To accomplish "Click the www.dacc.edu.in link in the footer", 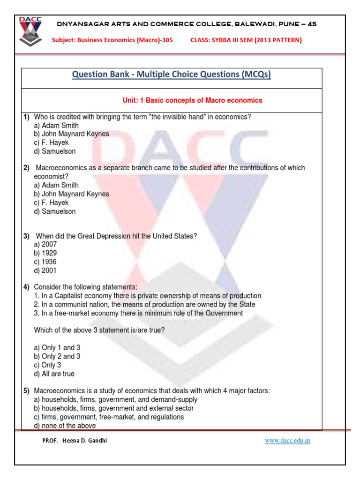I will [x=287, y=441].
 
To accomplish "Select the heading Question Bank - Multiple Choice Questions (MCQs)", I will [x=172, y=75].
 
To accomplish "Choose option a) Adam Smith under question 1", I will [x=56, y=126].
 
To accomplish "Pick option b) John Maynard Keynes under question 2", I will [x=71, y=194].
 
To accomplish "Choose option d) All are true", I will [x=54, y=374].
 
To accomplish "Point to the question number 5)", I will [x=27, y=391].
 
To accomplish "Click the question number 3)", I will [x=27, y=236].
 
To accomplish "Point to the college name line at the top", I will [x=186, y=24].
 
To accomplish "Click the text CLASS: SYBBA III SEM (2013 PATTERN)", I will [x=246, y=40].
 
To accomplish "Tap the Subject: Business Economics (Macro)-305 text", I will [x=112, y=40].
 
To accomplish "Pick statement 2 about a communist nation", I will [x=144, y=305].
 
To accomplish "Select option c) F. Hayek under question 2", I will [x=51, y=202].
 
